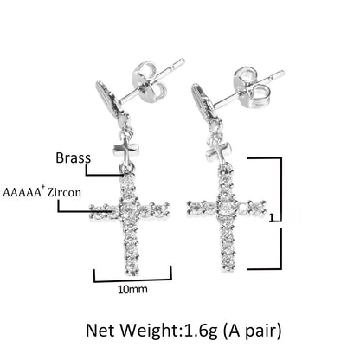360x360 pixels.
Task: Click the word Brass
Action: (74, 157)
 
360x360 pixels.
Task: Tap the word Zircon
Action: (64, 192)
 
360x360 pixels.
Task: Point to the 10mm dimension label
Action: (132, 289)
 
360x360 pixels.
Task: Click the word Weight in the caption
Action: (150, 331)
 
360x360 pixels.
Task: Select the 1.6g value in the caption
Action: (201, 331)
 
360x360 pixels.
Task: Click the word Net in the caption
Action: (100, 331)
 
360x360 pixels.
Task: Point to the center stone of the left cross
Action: (128, 209)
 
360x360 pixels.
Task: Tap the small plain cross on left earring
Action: (126, 150)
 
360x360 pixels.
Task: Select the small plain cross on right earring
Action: (219, 152)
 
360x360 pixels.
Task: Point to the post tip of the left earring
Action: (183, 60)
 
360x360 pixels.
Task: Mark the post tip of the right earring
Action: (283, 72)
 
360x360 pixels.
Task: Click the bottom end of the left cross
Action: (132, 274)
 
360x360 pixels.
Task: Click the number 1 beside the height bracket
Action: (271, 217)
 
